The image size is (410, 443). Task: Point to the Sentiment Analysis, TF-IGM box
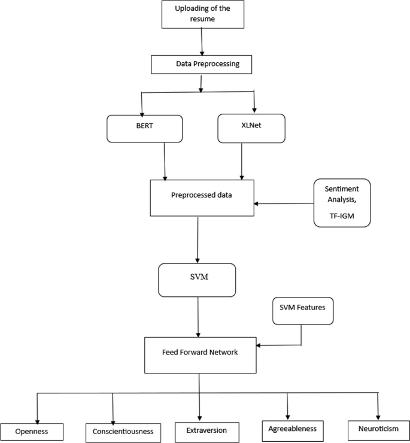click(x=342, y=203)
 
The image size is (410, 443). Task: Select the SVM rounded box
click(x=197, y=279)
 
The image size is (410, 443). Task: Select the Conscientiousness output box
click(x=123, y=430)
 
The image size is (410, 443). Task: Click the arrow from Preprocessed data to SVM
click(x=198, y=239)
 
